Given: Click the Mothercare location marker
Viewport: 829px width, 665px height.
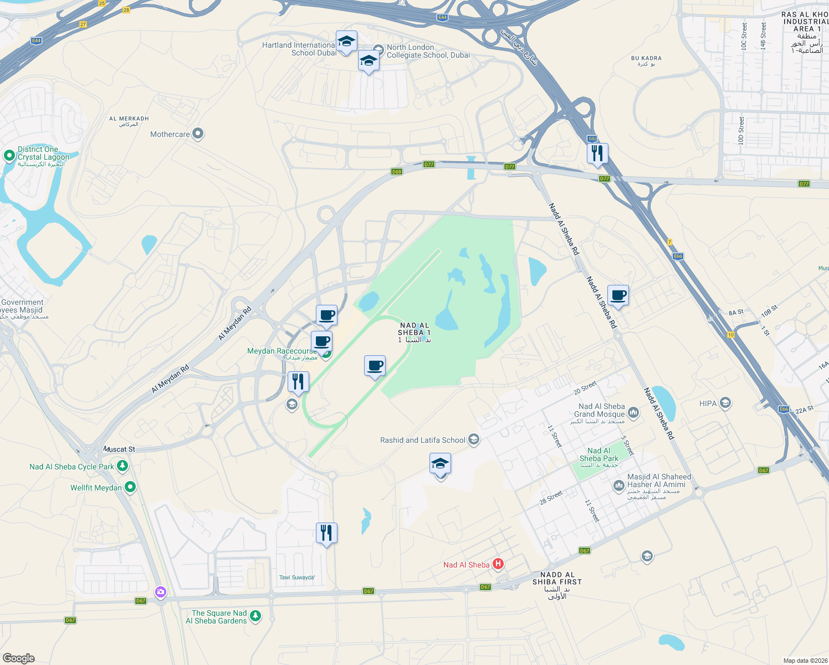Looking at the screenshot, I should point(198,134).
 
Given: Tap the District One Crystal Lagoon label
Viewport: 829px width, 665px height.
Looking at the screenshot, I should point(43,154).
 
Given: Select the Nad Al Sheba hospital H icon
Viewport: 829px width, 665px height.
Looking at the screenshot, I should point(498,564).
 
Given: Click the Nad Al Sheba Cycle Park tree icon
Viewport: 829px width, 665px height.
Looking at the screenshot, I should point(122,466).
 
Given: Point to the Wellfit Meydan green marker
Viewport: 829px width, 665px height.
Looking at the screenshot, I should point(130,487).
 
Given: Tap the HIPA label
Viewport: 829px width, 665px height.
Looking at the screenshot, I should point(708,403).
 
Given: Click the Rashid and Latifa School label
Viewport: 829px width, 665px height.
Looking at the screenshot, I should point(422,440).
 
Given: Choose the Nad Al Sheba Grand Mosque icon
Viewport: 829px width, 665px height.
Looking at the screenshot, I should point(633,412).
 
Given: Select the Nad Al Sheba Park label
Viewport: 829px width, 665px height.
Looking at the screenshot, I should point(599,455).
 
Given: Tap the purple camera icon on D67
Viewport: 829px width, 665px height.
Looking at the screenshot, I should point(161,592).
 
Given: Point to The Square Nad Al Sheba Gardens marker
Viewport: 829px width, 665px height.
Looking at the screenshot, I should point(255,616).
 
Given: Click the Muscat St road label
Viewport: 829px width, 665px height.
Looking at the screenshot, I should point(119,449).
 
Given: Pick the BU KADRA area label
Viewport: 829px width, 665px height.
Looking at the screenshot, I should point(646,58).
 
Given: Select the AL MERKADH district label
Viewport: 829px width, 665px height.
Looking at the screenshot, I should point(129,119).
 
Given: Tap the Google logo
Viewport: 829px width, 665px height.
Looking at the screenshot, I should point(18,658).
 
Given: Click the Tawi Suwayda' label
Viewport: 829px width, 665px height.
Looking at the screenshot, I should point(297,577).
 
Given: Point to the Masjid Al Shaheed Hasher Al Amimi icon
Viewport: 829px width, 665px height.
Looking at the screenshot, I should point(618,486).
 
